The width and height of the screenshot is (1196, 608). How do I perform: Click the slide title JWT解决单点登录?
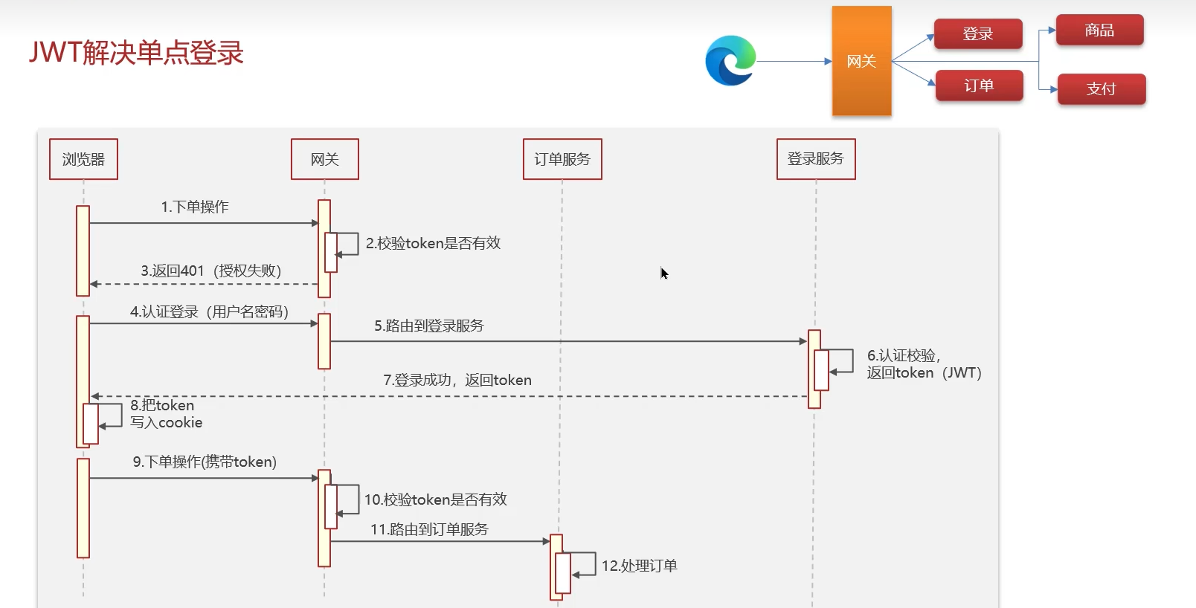click(x=136, y=53)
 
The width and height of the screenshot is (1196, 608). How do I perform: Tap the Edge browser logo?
click(x=730, y=61)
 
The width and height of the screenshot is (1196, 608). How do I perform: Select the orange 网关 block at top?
click(x=861, y=61)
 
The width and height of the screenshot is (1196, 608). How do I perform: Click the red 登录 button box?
click(x=977, y=34)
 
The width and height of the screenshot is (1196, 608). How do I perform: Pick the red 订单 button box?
click(x=979, y=85)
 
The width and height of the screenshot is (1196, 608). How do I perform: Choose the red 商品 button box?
click(x=1099, y=30)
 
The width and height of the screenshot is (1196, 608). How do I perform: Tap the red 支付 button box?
click(x=1101, y=89)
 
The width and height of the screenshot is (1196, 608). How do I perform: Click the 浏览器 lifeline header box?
click(x=83, y=159)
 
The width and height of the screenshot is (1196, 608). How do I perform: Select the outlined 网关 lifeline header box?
click(x=324, y=159)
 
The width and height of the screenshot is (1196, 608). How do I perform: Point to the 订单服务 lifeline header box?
click(x=562, y=159)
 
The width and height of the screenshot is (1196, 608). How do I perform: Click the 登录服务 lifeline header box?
click(x=816, y=159)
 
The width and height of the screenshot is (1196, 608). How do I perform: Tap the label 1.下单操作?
click(x=195, y=207)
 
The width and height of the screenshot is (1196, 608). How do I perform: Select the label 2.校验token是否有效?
click(x=433, y=243)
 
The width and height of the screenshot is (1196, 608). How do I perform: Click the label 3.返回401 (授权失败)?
click(x=211, y=271)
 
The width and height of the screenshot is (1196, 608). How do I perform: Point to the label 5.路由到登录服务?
click(x=428, y=326)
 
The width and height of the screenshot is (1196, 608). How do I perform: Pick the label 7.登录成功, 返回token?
click(x=457, y=380)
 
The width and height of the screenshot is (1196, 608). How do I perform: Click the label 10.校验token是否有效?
click(x=435, y=499)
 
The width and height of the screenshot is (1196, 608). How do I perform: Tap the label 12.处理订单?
click(x=639, y=566)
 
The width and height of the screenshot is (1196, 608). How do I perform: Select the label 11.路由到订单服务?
click(x=429, y=529)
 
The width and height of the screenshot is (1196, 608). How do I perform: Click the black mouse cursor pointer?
click(x=664, y=274)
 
